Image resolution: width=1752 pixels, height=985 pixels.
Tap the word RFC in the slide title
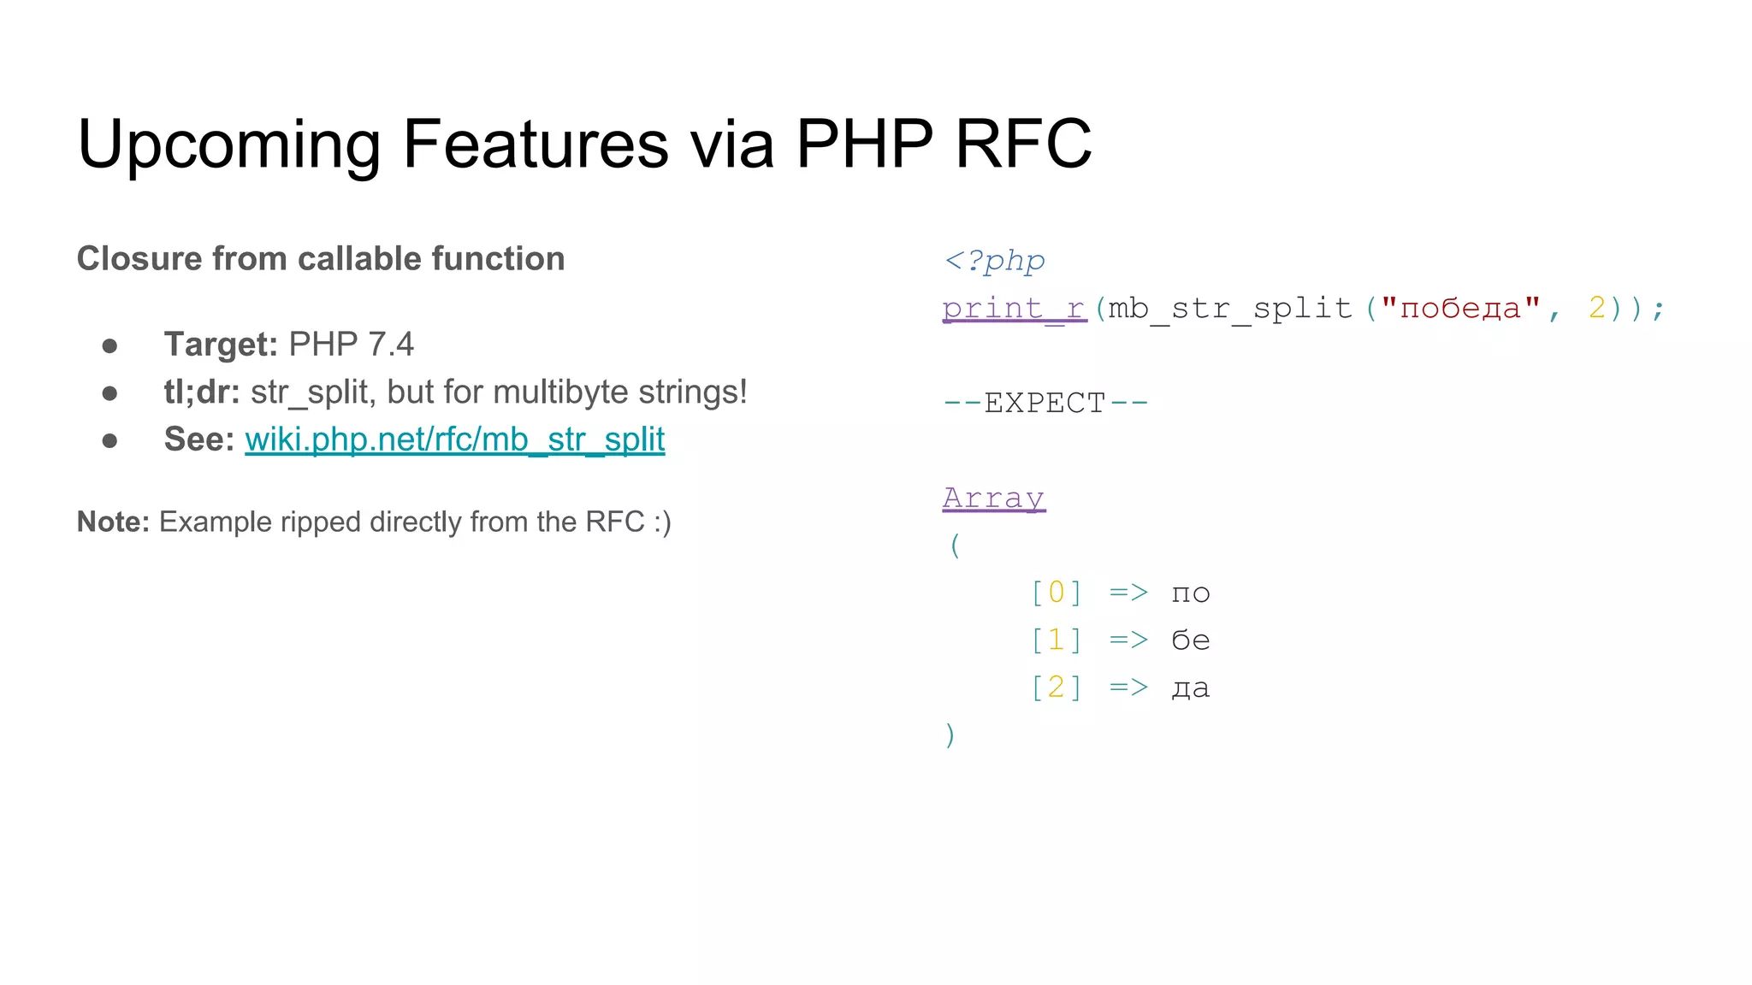point(1022,144)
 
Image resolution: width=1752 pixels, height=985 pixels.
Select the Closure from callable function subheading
point(321,258)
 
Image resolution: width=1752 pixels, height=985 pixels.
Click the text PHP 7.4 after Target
point(351,345)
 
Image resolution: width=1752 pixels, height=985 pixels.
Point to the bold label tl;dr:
point(202,392)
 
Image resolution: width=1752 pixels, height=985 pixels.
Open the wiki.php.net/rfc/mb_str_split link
point(454,439)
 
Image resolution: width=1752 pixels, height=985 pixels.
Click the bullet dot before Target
point(109,345)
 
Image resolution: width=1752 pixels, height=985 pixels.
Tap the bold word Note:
point(113,522)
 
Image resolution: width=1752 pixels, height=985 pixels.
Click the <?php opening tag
point(994,261)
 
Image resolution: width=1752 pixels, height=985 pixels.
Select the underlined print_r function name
point(1014,308)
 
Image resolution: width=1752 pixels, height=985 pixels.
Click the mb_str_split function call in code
point(1229,308)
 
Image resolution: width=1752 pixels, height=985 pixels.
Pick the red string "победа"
point(1460,308)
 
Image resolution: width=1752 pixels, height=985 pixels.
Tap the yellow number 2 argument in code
point(1596,308)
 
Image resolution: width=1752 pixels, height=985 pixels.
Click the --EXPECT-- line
point(1045,403)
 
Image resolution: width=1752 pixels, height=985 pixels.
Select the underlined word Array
point(993,498)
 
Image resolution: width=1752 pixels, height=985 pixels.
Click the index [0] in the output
point(1057,593)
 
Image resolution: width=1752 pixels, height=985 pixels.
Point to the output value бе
point(1190,640)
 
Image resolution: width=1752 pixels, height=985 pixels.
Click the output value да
point(1190,687)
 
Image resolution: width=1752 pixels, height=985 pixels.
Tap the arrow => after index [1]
point(1128,640)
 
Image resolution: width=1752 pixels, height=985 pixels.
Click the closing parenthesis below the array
point(950,734)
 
